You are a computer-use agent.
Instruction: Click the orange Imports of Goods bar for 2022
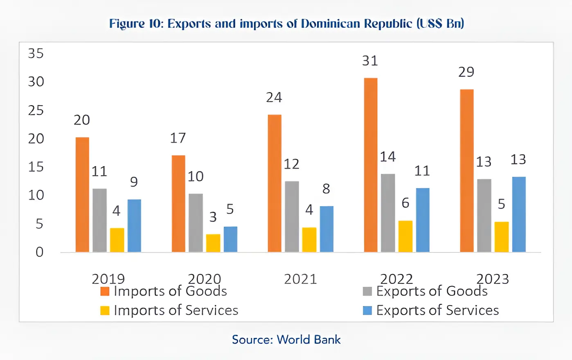pyautogui.click(x=371, y=165)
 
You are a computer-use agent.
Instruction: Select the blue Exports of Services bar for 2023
pyautogui.click(x=519, y=214)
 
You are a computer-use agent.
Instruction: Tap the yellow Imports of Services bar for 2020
pyautogui.click(x=213, y=243)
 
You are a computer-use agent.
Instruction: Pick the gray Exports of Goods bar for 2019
pyautogui.click(x=99, y=220)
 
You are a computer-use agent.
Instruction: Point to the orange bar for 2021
pyautogui.click(x=275, y=183)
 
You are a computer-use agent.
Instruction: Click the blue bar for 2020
pyautogui.click(x=230, y=239)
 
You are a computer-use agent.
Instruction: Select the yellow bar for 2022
pyautogui.click(x=405, y=236)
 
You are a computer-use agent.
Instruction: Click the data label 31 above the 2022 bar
pyautogui.click(x=370, y=61)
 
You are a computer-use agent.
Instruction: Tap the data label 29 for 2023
pyautogui.click(x=466, y=72)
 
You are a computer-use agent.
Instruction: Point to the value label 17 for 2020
pyautogui.click(x=178, y=138)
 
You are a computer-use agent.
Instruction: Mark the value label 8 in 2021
pyautogui.click(x=326, y=189)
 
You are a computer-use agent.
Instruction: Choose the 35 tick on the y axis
pyautogui.click(x=36, y=54)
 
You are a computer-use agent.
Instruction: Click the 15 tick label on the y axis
pyautogui.click(x=36, y=167)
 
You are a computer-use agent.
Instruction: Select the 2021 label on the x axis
pyautogui.click(x=300, y=279)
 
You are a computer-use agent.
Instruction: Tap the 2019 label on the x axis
pyautogui.click(x=108, y=279)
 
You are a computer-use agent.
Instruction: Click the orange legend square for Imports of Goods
pyautogui.click(x=105, y=291)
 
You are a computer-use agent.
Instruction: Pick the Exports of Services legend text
pyautogui.click(x=437, y=310)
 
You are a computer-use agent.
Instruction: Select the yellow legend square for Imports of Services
pyautogui.click(x=105, y=310)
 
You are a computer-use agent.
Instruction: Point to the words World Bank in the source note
pyautogui.click(x=309, y=340)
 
